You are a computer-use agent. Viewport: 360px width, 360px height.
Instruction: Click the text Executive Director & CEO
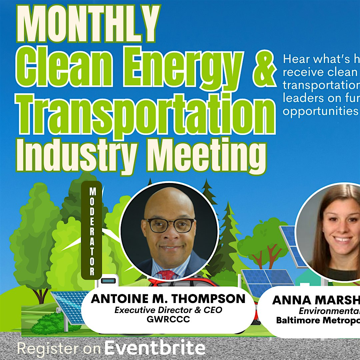[x=168, y=310]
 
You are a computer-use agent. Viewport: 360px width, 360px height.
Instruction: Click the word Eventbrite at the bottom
[x=155, y=348]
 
